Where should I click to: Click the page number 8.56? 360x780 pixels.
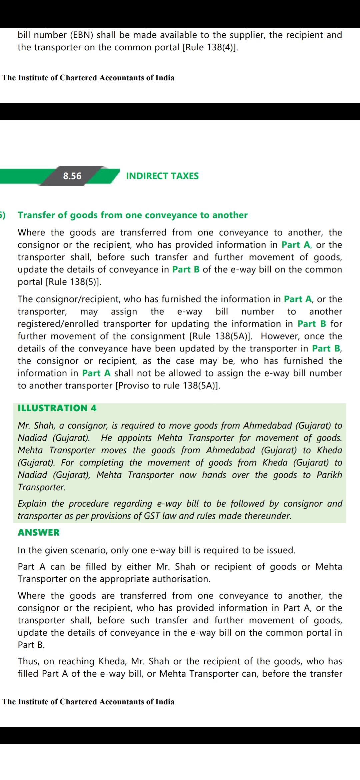click(x=72, y=176)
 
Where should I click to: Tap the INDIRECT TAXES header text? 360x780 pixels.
click(x=162, y=176)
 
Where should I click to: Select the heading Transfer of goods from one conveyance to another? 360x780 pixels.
click(x=133, y=215)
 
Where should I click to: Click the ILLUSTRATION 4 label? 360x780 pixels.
click(x=57, y=408)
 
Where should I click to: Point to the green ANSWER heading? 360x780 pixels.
click(x=39, y=532)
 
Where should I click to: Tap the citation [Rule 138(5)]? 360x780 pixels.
click(x=73, y=282)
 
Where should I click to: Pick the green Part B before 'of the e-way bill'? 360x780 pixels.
click(x=186, y=269)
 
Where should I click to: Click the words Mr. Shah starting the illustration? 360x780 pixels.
click(x=36, y=425)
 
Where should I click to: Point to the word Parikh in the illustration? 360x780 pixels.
click(x=329, y=475)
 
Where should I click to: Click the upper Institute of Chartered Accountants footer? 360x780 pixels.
click(x=88, y=78)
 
